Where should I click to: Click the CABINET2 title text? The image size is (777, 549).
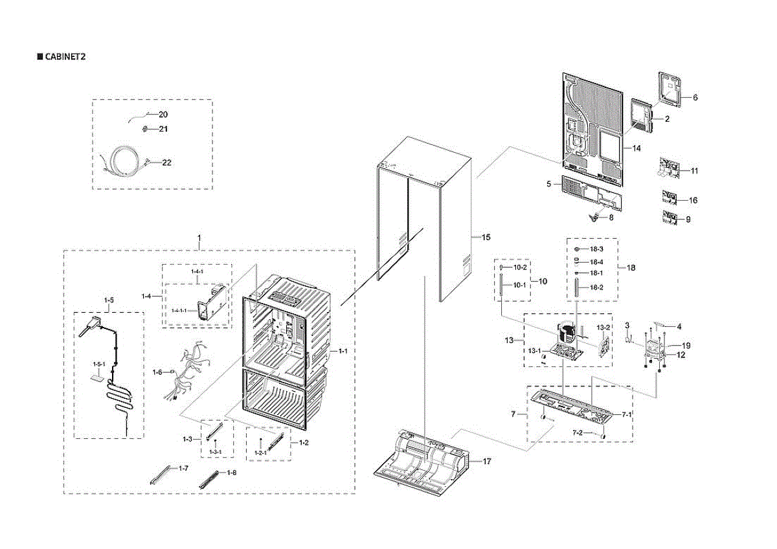(x=65, y=56)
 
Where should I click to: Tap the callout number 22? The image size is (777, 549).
(x=166, y=162)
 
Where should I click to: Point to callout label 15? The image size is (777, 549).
(x=486, y=238)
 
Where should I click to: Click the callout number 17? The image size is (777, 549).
(x=486, y=462)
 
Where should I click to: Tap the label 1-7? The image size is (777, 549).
(x=184, y=468)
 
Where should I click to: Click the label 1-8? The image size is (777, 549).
(x=231, y=473)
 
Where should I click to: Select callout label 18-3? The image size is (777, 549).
(x=596, y=249)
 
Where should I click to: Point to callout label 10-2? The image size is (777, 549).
(x=521, y=267)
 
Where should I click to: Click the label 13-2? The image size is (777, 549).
(x=603, y=328)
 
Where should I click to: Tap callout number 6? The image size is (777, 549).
(x=695, y=98)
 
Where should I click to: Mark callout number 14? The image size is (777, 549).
(x=636, y=148)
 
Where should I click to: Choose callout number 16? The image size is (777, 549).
(x=693, y=200)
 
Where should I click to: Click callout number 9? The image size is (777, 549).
(x=688, y=219)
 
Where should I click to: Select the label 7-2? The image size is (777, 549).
(x=577, y=432)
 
